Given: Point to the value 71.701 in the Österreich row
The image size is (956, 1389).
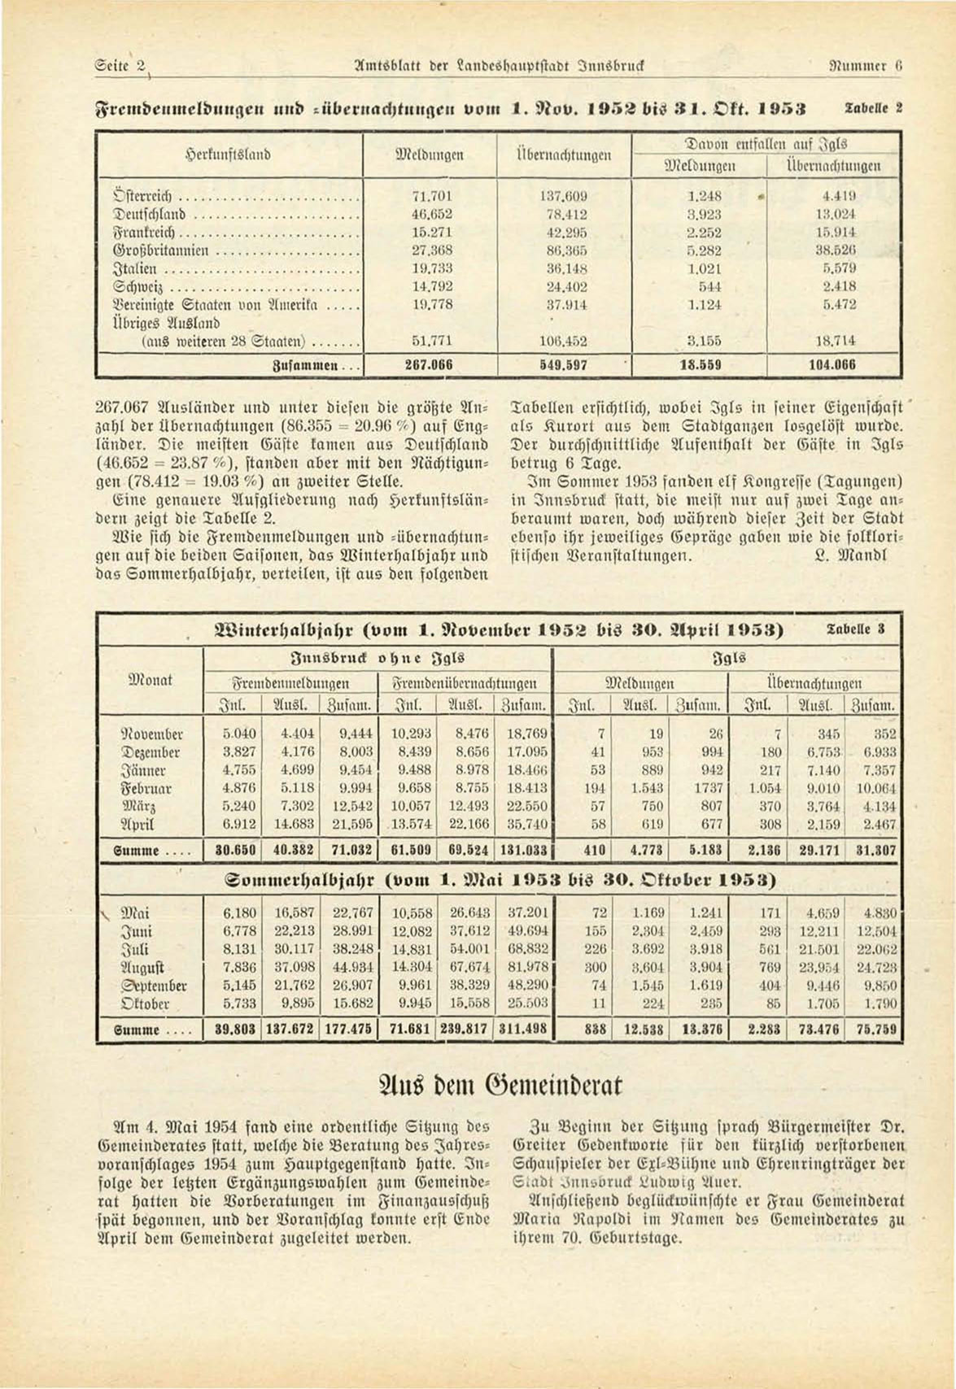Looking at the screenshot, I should tap(432, 196).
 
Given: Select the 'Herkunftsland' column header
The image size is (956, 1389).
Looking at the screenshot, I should tap(229, 153).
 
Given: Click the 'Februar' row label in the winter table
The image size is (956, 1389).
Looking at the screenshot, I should tap(148, 788).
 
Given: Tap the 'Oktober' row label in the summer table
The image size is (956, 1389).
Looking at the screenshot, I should tap(145, 1004).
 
